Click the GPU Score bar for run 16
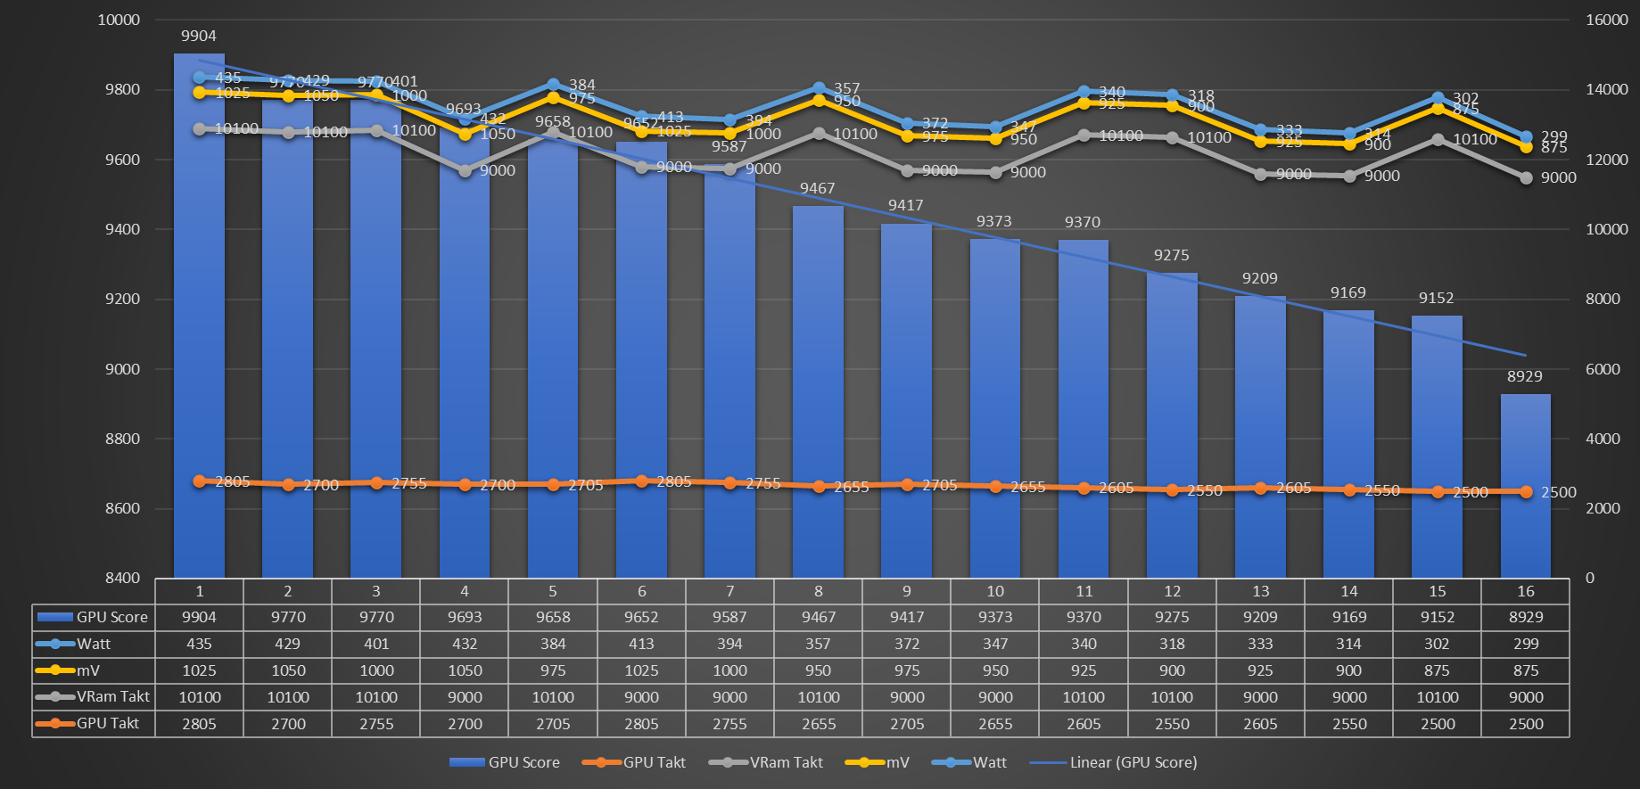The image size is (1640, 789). point(1525,486)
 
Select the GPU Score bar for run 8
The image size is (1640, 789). point(818,392)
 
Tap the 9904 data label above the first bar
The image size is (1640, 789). point(199,36)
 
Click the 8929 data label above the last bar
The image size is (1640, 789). point(1525,376)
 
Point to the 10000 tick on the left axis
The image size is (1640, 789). point(119,20)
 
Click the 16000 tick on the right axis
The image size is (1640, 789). point(1607,20)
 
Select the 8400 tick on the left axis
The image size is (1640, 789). point(123,578)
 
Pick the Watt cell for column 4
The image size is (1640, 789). point(465,644)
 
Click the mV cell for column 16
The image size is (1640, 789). point(1526,670)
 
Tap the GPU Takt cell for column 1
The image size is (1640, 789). point(199,724)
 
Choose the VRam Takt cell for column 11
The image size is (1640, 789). point(1084,697)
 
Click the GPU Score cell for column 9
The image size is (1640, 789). point(907,617)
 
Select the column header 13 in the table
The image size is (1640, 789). point(1260,591)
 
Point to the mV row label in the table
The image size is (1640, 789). point(88,670)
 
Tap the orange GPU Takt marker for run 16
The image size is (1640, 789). point(1526,492)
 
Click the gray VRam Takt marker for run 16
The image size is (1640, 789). point(1526,178)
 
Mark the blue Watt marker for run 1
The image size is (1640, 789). point(200,78)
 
